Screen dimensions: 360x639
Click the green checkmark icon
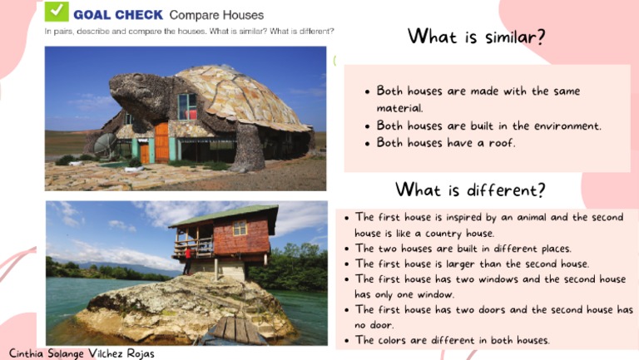click(x=57, y=12)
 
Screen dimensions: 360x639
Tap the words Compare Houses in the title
click(x=216, y=15)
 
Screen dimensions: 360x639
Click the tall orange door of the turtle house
click(x=161, y=142)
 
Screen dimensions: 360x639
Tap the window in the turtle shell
click(x=187, y=106)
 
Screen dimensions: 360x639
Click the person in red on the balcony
click(x=187, y=248)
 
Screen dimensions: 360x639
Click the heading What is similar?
click(x=476, y=37)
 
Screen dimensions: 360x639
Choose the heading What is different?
click(x=470, y=190)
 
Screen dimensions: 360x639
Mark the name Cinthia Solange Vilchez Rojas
click(x=82, y=353)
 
